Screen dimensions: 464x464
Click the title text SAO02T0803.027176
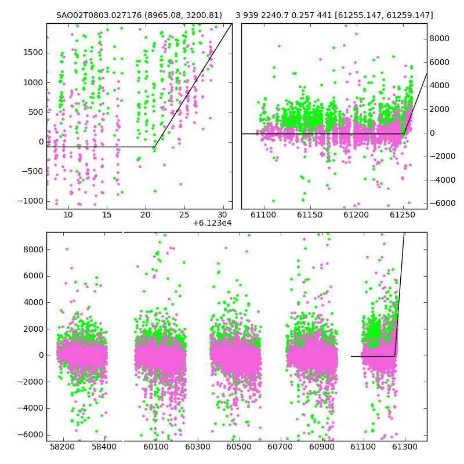[x=99, y=15]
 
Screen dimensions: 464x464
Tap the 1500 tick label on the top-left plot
[x=33, y=53]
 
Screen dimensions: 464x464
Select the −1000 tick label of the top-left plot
[x=30, y=201]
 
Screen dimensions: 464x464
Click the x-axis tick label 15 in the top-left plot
[x=107, y=215]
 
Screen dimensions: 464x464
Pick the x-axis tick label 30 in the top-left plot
[x=223, y=215]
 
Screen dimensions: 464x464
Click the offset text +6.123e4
[x=212, y=223]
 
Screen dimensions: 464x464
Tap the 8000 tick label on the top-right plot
[x=440, y=38]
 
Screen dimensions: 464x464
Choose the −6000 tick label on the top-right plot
[x=443, y=203]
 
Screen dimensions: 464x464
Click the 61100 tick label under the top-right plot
[x=263, y=215]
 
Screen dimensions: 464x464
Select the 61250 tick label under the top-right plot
[x=403, y=215]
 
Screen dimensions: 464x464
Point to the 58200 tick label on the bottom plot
[x=63, y=446]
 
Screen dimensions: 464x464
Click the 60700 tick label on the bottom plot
[x=281, y=446]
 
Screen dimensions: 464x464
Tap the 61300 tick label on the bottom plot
[x=405, y=446]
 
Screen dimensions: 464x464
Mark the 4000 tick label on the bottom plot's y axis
[x=33, y=302]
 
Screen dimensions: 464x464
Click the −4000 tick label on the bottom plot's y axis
[x=30, y=408]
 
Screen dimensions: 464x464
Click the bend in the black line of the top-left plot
[x=154, y=147]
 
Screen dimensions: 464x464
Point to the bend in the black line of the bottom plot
[x=395, y=356]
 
